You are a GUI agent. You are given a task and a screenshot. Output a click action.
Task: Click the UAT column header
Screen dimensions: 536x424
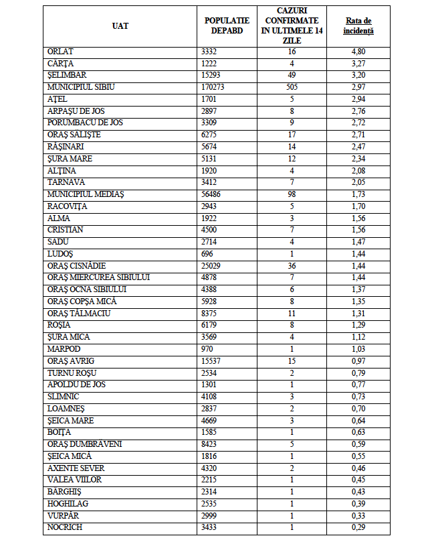pyautogui.click(x=120, y=26)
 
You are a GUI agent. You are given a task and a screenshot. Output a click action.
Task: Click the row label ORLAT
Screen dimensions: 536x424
pyautogui.click(x=60, y=52)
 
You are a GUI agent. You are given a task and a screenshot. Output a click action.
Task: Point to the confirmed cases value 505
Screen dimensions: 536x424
pyautogui.click(x=292, y=87)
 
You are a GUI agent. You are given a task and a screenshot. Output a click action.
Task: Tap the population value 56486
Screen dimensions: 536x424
pyautogui.click(x=212, y=194)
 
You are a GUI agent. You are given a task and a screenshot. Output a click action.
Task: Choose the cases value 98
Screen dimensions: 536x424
pyautogui.click(x=292, y=194)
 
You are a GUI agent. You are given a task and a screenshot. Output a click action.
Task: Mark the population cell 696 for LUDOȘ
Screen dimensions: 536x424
pyautogui.click(x=207, y=254)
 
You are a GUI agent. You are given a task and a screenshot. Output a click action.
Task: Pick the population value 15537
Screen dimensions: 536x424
pyautogui.click(x=212, y=361)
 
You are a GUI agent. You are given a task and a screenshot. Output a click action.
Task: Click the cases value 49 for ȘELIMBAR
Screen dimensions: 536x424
pyautogui.click(x=292, y=75)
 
